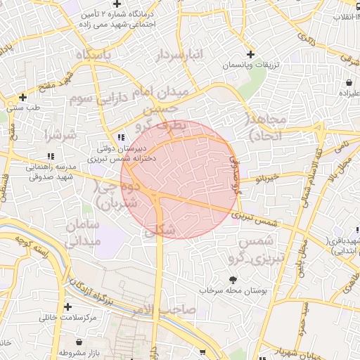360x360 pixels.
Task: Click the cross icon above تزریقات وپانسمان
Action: coord(251,55)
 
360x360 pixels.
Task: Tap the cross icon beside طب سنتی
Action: coord(23,97)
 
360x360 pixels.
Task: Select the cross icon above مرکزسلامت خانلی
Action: coord(68,307)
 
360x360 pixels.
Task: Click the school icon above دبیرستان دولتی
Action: coord(121,138)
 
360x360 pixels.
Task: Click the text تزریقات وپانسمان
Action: coord(252,65)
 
